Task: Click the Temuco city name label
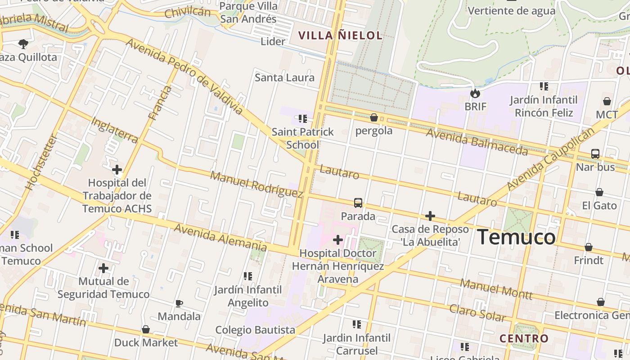[x=516, y=237]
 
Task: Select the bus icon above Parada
[x=358, y=203]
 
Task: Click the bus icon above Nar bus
[x=595, y=154]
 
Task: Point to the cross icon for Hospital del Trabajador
[x=117, y=170]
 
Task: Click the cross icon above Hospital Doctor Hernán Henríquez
[x=337, y=240]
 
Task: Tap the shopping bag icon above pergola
[x=373, y=117]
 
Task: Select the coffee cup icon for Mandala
[x=179, y=303]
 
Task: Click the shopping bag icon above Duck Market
[x=145, y=329]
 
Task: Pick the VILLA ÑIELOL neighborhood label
[x=341, y=36]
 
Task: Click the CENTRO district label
[x=524, y=338]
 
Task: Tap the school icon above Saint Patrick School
[x=303, y=119]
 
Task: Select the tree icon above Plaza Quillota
[x=23, y=44]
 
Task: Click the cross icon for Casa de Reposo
[x=430, y=216]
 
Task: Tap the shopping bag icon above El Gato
[x=599, y=192]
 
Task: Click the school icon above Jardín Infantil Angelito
[x=247, y=276]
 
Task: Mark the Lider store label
[x=273, y=41]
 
